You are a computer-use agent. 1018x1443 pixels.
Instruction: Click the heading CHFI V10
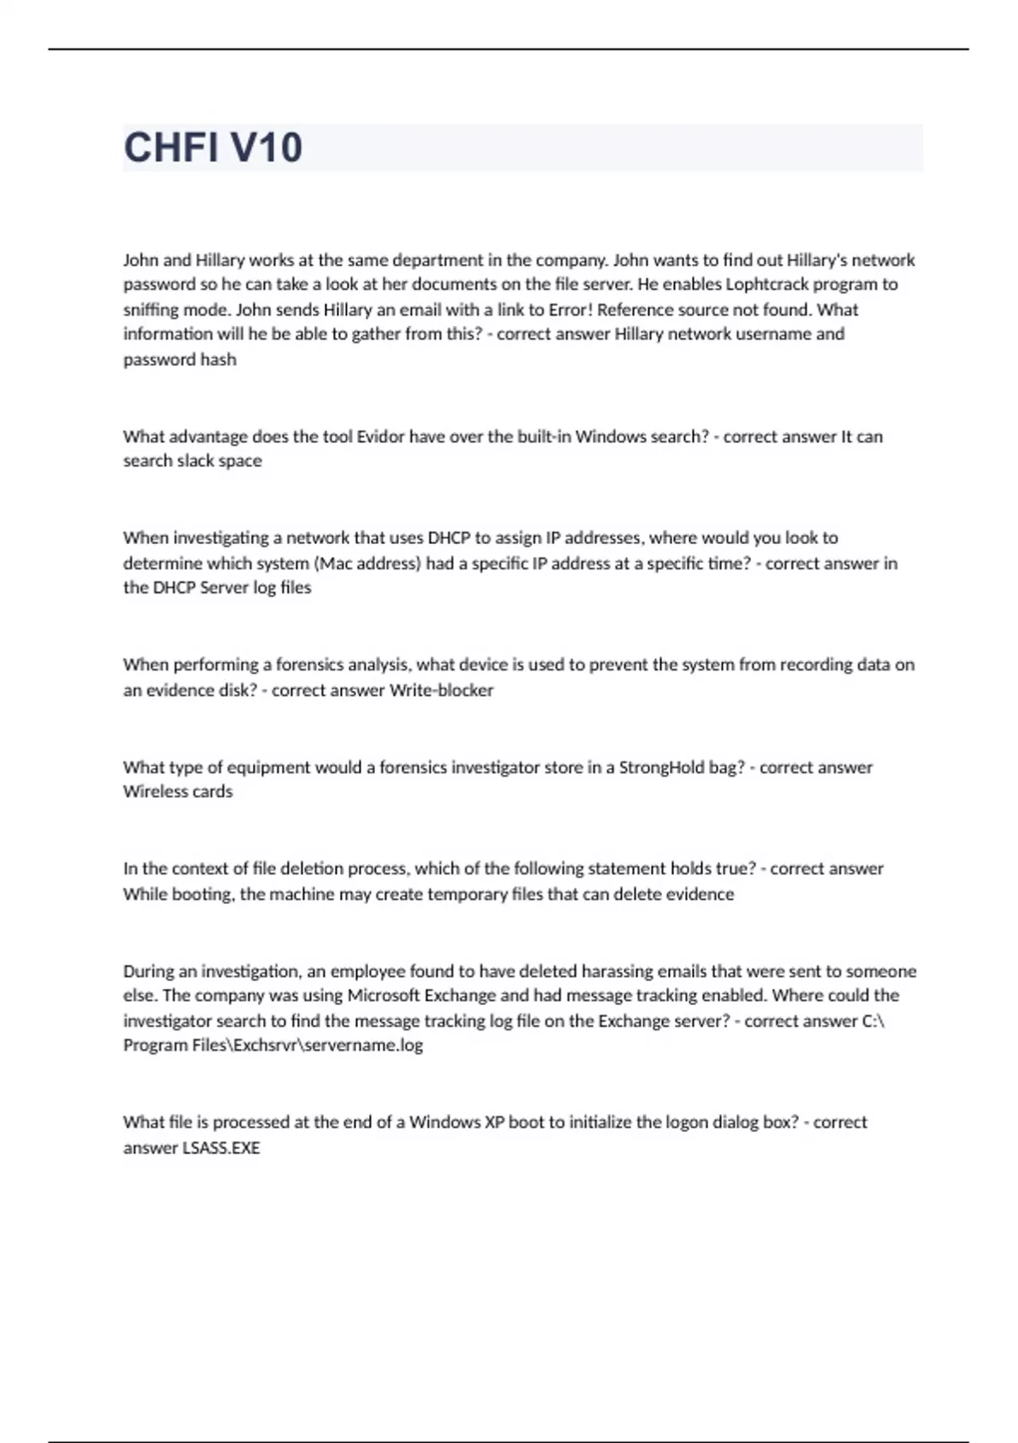(x=213, y=148)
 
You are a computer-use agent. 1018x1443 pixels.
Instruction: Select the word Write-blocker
(x=441, y=690)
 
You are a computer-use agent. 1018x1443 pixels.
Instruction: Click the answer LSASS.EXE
(x=221, y=1148)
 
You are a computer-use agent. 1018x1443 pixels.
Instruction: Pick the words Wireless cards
(x=177, y=792)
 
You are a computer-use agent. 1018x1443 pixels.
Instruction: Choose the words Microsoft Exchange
(x=422, y=996)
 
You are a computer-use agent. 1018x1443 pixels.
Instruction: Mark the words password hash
(x=180, y=360)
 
